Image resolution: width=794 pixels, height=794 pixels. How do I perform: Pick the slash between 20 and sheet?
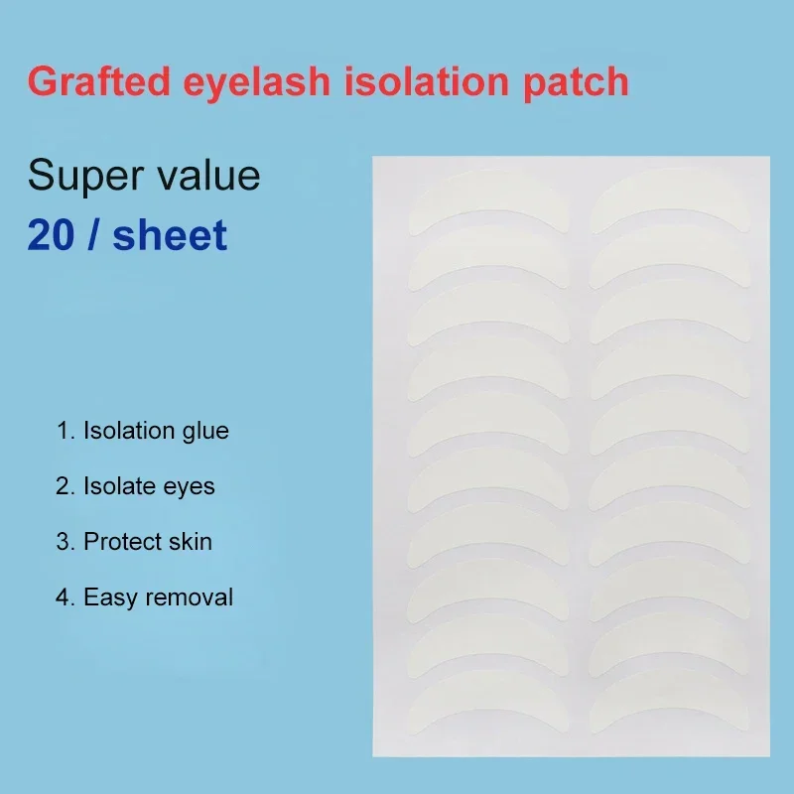coord(96,235)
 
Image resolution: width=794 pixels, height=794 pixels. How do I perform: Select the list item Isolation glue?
coord(143,431)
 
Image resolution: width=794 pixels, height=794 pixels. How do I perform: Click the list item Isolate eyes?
coord(136,486)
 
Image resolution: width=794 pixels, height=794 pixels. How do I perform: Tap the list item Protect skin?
coord(134,542)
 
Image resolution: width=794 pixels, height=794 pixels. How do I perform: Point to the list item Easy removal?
coord(145,597)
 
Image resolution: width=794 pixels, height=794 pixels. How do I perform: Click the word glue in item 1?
coord(206,432)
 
